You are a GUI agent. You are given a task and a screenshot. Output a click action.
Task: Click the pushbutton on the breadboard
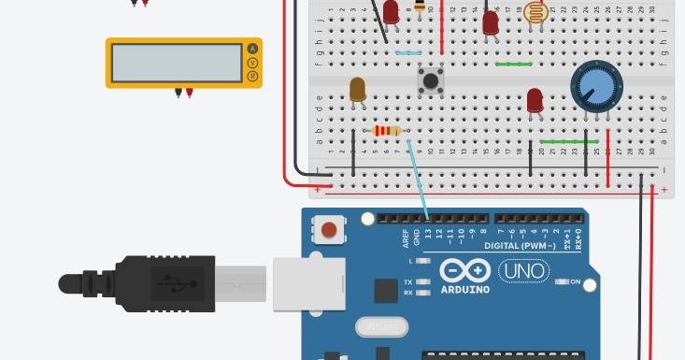tap(431, 80)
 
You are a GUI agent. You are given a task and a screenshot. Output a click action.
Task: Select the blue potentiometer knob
tap(596, 87)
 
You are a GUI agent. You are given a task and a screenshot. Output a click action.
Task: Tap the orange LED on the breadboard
tap(358, 90)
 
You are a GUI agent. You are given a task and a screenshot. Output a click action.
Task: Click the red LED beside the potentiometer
tap(535, 100)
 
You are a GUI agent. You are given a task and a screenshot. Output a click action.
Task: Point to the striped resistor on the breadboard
tap(387, 131)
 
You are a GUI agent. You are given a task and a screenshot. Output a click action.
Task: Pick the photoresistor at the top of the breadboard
tap(535, 12)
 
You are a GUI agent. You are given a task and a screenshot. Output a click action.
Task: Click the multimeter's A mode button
tap(251, 49)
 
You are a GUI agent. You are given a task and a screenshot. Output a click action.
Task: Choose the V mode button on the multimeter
tap(251, 63)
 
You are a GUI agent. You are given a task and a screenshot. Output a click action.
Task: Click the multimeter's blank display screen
tap(177, 63)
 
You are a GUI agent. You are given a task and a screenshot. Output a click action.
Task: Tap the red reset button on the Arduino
tap(329, 229)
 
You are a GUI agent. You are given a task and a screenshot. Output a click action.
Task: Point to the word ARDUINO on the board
tap(464, 289)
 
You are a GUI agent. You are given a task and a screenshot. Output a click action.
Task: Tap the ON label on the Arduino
tap(576, 281)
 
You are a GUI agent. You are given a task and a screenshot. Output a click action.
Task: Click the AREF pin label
tap(406, 238)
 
